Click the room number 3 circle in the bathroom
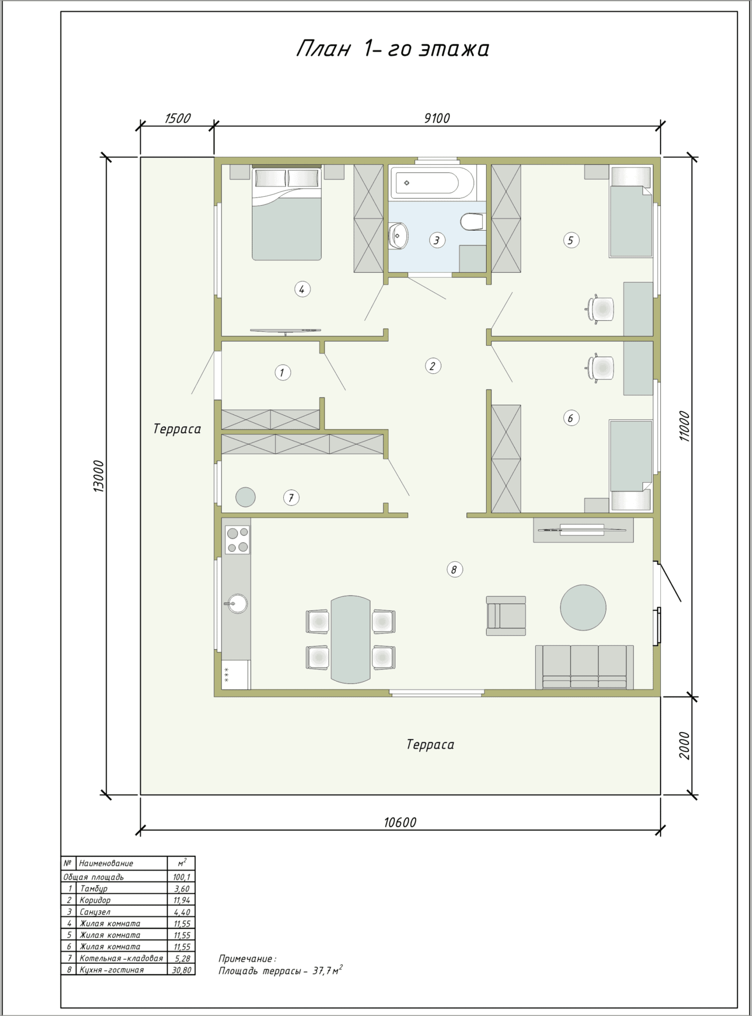(x=437, y=241)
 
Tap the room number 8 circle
(x=454, y=570)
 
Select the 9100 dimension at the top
(x=437, y=119)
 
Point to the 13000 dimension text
(x=99, y=476)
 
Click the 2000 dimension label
(x=685, y=746)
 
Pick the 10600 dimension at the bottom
(x=400, y=823)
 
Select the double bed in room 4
(x=287, y=213)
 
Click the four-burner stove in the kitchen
(x=238, y=540)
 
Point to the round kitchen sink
(x=237, y=604)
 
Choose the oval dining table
(x=351, y=639)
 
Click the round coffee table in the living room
(x=583, y=607)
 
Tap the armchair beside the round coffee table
(x=506, y=616)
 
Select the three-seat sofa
(x=584, y=667)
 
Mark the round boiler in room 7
(x=246, y=497)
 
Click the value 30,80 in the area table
(x=182, y=970)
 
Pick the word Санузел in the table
(x=95, y=912)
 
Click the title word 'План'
(x=323, y=49)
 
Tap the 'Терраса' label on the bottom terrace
(x=430, y=745)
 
